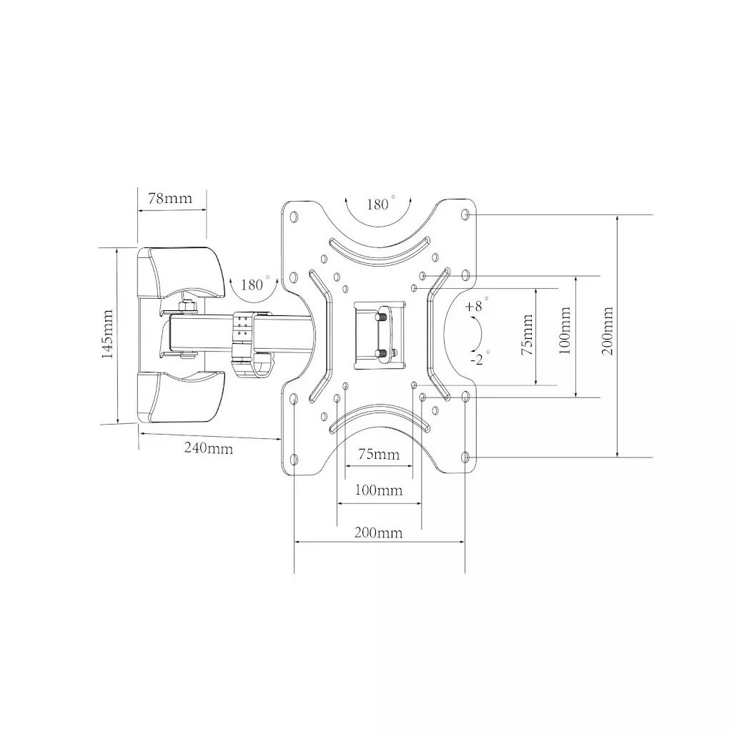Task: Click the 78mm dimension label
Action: [170, 199]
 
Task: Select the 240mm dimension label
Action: [208, 448]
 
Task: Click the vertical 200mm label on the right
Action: [608, 332]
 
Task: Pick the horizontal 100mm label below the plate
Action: [379, 490]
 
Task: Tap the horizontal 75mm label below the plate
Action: [379, 455]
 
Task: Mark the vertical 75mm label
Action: [528, 335]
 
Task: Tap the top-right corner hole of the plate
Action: [466, 214]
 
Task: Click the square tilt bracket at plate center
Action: [380, 335]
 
